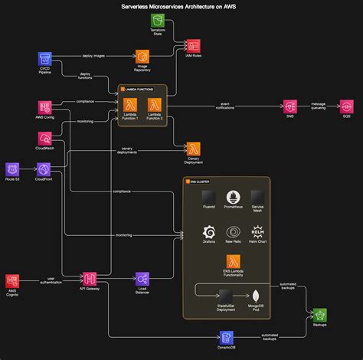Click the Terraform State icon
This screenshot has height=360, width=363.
click(159, 21)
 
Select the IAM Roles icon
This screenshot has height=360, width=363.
click(194, 46)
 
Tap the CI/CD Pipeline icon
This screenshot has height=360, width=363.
click(45, 59)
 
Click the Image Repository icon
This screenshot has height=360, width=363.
click(142, 57)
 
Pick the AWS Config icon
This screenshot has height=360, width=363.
click(45, 108)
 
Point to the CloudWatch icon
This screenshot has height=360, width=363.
click(45, 139)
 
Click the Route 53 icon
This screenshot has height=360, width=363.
click(12, 169)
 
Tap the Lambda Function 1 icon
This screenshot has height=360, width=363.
click(130, 105)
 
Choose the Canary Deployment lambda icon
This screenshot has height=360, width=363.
click(194, 149)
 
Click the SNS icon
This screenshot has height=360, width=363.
click(290, 106)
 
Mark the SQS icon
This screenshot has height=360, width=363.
click(346, 106)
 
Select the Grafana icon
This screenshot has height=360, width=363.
click(208, 232)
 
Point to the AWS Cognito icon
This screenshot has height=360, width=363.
click(12, 281)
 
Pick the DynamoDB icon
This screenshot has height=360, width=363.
click(227, 337)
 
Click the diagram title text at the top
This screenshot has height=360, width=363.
click(181, 5)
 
